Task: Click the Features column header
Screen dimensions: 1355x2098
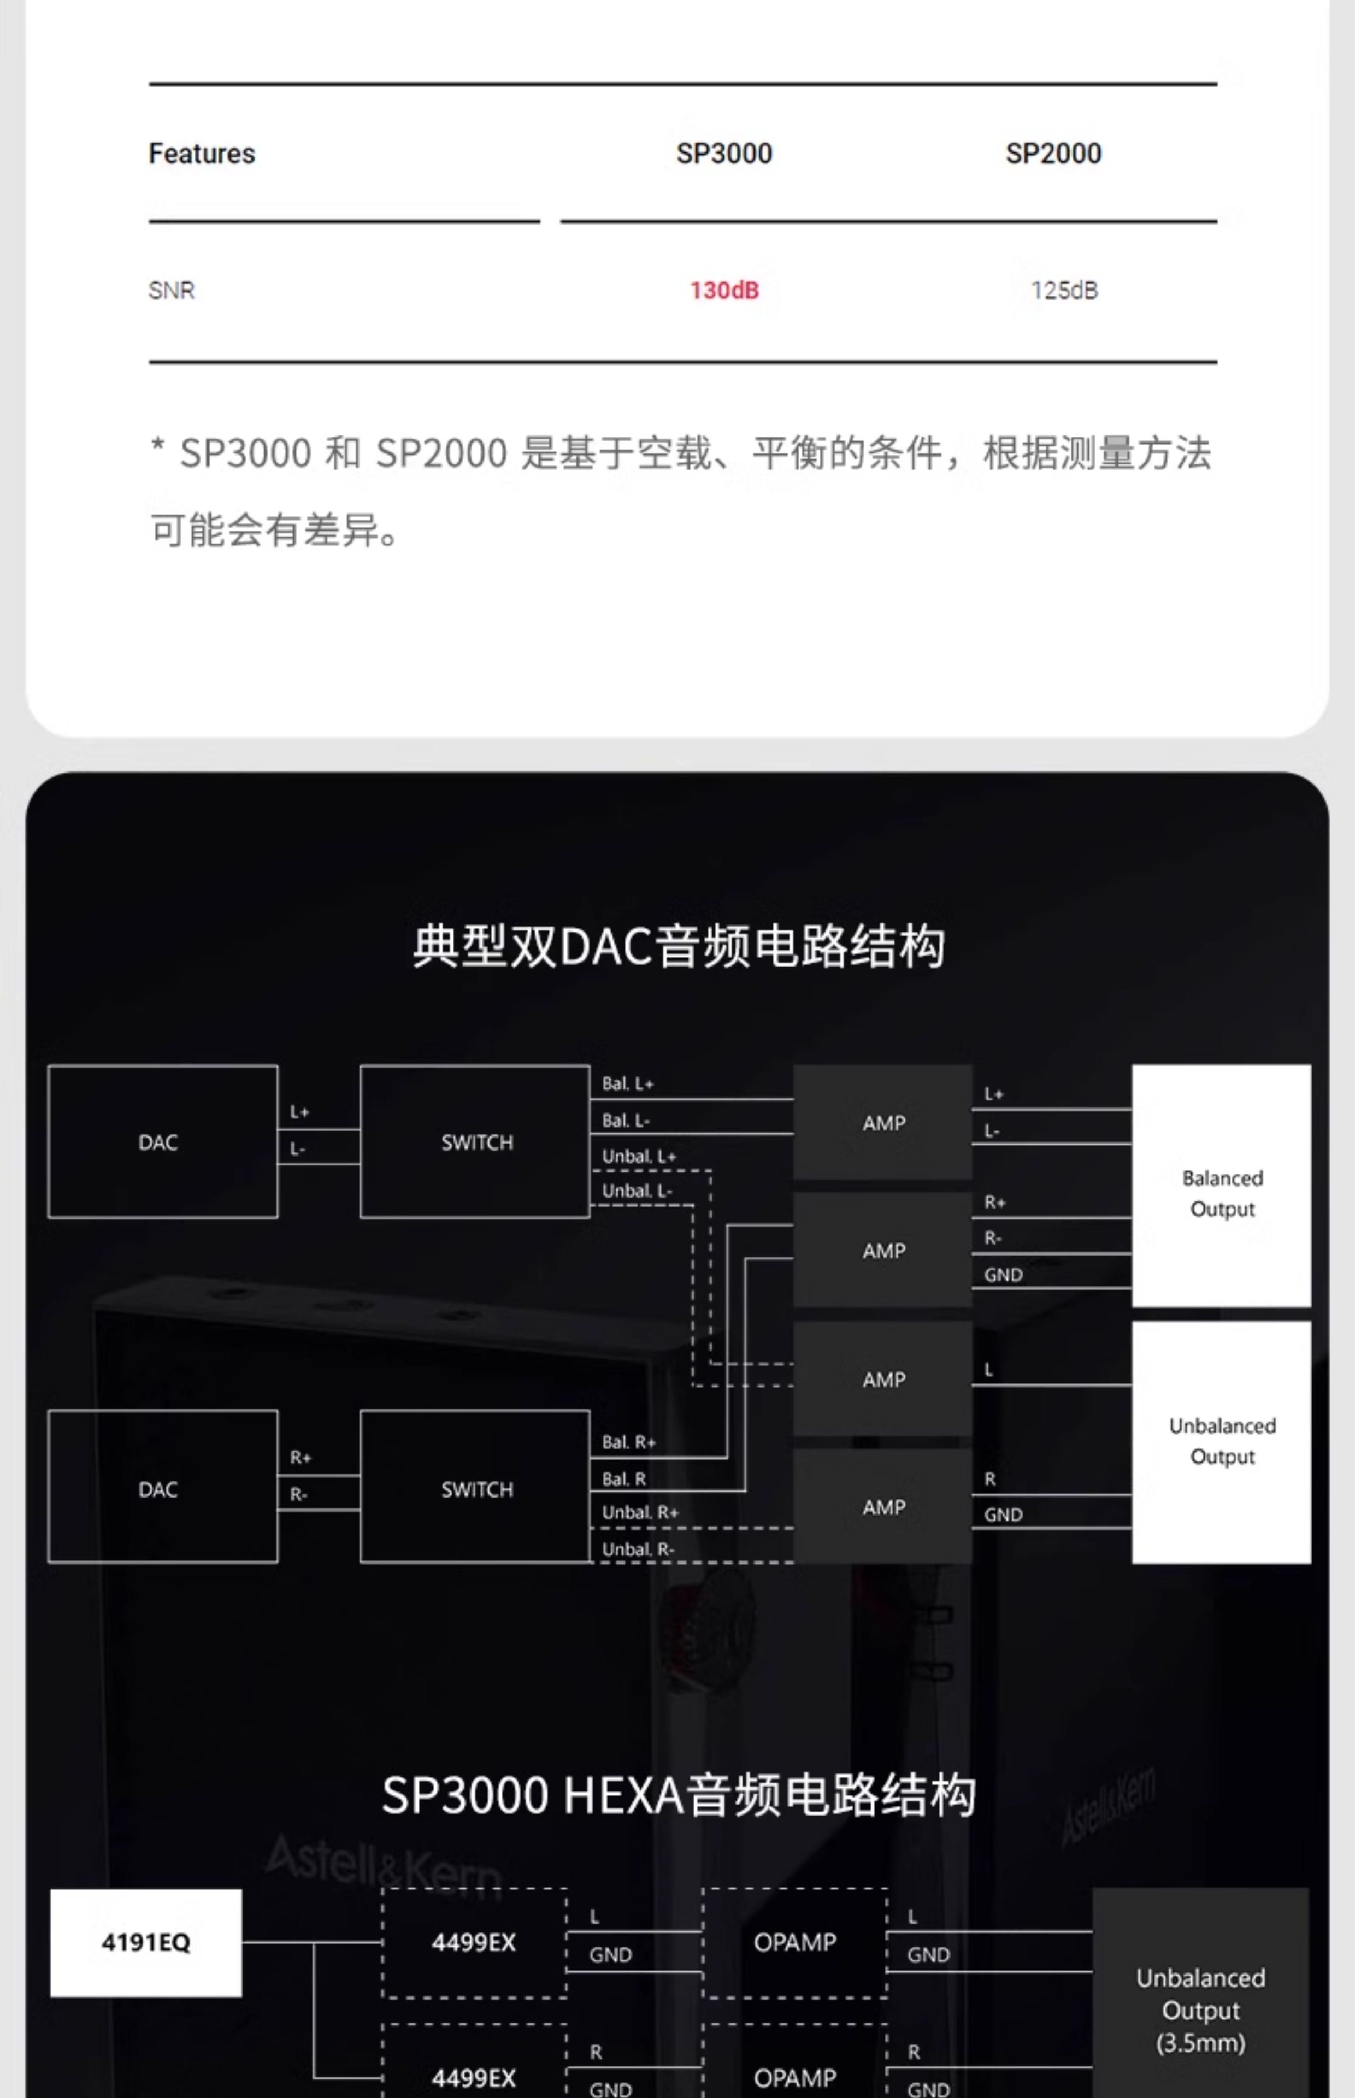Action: pos(202,154)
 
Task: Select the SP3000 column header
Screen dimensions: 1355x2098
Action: pos(723,154)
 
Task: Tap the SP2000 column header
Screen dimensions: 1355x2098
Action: pos(1053,154)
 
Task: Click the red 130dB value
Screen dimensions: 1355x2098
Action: pos(723,290)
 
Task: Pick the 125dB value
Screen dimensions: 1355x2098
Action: pos(1064,290)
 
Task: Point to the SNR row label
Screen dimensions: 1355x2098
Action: pos(172,290)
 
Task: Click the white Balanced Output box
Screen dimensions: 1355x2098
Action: pos(1221,1185)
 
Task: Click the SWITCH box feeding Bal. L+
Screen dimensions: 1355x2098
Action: pos(475,1142)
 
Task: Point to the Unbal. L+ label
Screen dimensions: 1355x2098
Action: pos(639,1156)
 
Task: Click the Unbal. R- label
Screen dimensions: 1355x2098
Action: pos(638,1549)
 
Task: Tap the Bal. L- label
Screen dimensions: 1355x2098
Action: pos(626,1120)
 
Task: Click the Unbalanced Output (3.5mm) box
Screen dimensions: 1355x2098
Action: pos(1200,2010)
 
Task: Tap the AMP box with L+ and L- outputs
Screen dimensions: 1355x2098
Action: pos(882,1122)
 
